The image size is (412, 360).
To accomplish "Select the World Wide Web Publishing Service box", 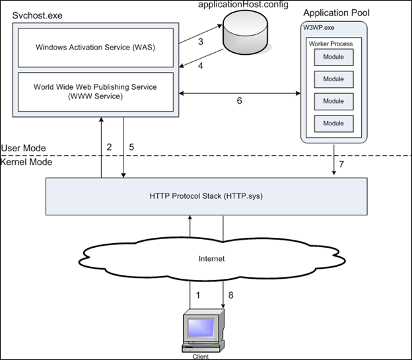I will click(x=96, y=92).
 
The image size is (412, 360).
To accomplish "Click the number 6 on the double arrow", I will click(x=240, y=102).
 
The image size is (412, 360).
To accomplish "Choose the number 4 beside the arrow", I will click(x=200, y=66).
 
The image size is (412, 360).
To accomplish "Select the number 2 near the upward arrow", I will click(x=109, y=147).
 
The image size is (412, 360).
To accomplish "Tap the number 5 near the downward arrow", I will click(x=132, y=147).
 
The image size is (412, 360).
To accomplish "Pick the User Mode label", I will click(x=23, y=148).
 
